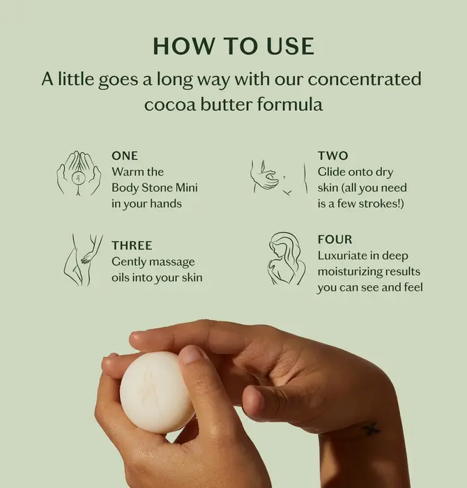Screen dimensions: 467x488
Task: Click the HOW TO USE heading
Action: [x=233, y=47]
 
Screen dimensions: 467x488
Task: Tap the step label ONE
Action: [x=125, y=155]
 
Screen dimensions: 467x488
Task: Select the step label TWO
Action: [x=333, y=155]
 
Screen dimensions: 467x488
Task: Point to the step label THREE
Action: [x=132, y=245]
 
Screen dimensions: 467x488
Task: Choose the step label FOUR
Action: [x=335, y=239]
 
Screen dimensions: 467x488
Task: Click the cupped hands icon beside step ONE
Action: [x=79, y=174]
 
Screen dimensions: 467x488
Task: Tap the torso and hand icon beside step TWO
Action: [x=280, y=177]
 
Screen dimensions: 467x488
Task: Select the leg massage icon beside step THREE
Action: [x=83, y=259]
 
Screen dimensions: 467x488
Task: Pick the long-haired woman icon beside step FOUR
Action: [x=286, y=259]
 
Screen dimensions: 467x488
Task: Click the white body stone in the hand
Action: [x=155, y=392]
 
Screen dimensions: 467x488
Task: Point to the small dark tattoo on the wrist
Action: [x=372, y=429]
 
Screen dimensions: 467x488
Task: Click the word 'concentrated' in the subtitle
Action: [x=365, y=79]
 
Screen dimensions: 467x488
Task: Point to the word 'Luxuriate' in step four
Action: [x=342, y=256]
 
